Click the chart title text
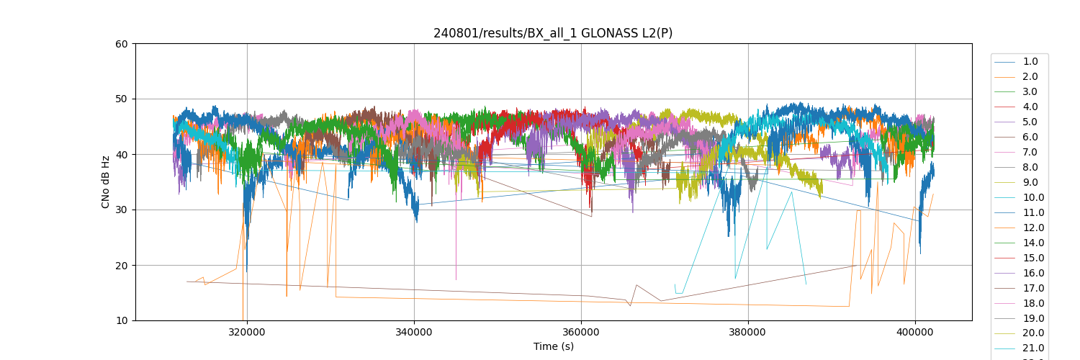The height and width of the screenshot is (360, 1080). point(553,33)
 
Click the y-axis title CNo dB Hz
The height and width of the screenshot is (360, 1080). point(106,182)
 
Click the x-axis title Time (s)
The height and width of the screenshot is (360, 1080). point(553,346)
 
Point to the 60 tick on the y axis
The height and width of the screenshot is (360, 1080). point(122,44)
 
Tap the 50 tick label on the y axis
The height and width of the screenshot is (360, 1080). point(122,99)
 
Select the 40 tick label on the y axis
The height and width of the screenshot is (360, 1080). point(122,155)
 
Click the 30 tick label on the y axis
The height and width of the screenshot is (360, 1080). point(122,210)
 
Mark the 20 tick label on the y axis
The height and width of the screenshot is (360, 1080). point(122,266)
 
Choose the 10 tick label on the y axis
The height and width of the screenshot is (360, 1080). point(122,321)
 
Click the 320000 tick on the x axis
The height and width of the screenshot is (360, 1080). point(247,332)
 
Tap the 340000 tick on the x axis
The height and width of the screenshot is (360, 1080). point(414,332)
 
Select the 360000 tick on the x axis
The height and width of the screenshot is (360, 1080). point(581,332)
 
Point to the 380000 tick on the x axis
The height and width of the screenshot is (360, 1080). point(748,332)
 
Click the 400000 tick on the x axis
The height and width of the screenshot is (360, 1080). point(915,332)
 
